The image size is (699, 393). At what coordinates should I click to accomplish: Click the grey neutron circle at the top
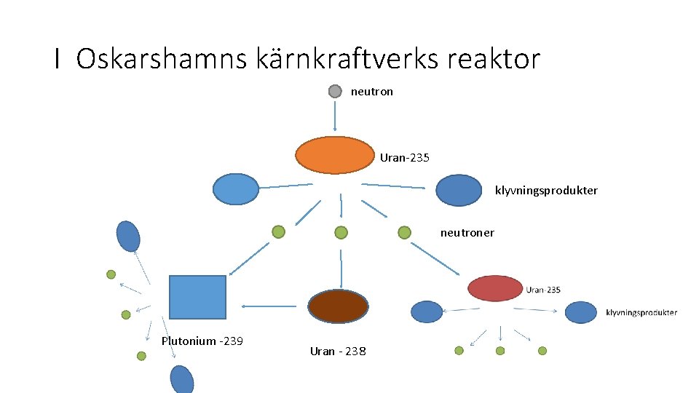point(334,91)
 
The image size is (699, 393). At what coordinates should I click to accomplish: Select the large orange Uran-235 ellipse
point(334,155)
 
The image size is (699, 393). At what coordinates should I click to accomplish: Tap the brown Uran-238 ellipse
point(338,306)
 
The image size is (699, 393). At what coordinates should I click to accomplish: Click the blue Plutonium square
point(197,297)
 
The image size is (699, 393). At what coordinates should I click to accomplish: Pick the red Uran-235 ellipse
point(495,288)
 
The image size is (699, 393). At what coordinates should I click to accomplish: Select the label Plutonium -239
point(202,341)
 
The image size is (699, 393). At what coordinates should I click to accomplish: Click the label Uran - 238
point(339,352)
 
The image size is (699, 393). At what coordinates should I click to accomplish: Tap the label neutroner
point(467,233)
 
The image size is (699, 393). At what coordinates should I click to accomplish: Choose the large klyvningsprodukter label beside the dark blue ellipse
point(546,191)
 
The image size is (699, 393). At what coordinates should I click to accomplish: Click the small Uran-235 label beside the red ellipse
point(543,290)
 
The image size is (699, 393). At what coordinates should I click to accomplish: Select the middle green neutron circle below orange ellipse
point(341,233)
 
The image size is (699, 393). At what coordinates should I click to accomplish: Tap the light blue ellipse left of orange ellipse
point(235,189)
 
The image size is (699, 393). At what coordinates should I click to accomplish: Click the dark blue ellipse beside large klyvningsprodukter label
point(459,190)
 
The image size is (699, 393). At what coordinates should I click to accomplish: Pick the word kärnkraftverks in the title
point(347,58)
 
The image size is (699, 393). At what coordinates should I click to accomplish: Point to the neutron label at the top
point(372,92)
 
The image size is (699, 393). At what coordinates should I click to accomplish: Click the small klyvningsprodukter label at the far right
point(641,313)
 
